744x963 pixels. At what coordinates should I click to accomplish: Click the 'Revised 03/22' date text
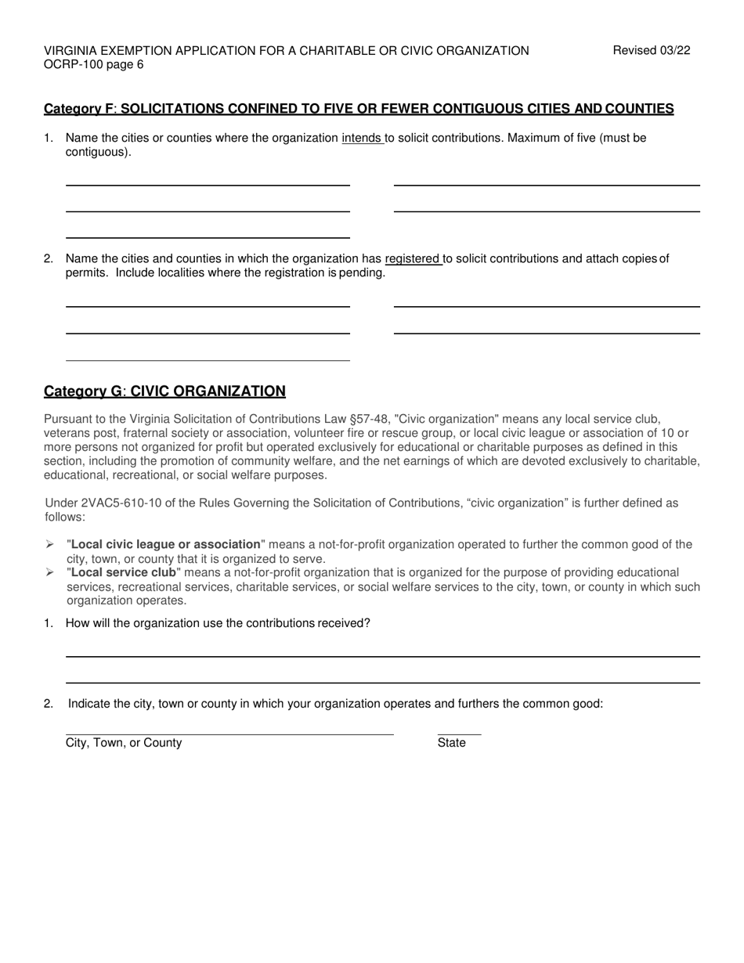tap(652, 51)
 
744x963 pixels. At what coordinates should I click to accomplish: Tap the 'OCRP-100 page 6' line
tap(94, 65)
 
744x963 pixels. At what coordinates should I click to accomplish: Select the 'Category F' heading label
tap(79, 109)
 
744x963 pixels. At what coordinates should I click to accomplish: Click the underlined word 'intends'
tap(362, 139)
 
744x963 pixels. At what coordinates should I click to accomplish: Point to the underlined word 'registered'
tap(413, 259)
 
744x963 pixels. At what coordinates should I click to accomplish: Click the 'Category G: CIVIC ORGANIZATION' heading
tap(164, 391)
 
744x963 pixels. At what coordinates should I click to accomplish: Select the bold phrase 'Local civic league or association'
tap(165, 545)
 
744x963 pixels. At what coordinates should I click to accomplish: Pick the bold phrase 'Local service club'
tap(124, 573)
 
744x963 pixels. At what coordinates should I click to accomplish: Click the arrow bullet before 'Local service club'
tap(50, 573)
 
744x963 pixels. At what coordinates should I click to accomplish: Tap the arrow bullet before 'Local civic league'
tap(50, 545)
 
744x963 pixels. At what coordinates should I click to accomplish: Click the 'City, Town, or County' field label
tap(124, 743)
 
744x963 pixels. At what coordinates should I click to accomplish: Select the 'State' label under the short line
tap(452, 743)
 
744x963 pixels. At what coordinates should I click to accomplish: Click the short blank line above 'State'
tap(459, 734)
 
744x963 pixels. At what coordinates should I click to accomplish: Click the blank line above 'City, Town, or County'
tap(229, 734)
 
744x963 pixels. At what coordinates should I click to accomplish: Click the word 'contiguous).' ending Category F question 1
tap(99, 153)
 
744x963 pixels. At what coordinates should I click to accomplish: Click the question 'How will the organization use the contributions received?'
tap(218, 623)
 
